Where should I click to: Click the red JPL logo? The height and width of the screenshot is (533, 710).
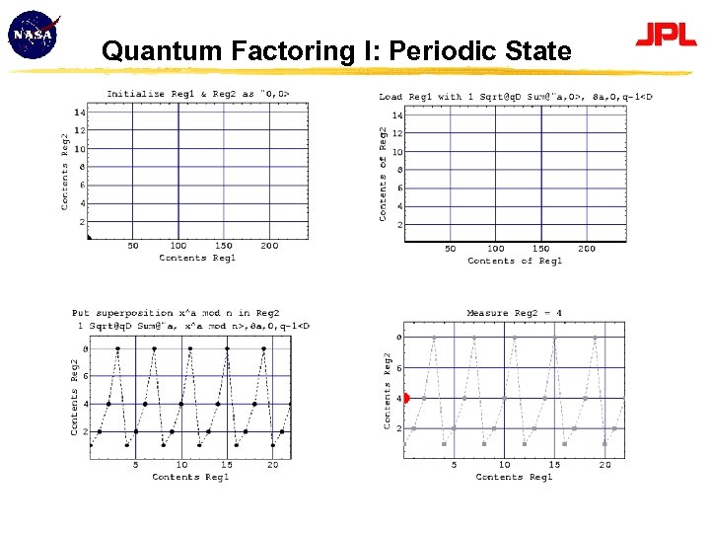pyautogui.click(x=666, y=37)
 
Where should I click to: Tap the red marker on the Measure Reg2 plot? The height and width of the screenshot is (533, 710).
pyautogui.click(x=405, y=398)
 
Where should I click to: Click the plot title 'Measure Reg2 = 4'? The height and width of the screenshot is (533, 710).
pyautogui.click(x=514, y=313)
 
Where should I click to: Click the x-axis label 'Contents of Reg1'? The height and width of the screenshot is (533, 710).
pyautogui.click(x=515, y=261)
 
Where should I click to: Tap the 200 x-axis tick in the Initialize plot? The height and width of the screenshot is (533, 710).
pyautogui.click(x=268, y=246)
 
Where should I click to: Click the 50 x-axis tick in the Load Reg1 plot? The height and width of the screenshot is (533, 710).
pyautogui.click(x=450, y=249)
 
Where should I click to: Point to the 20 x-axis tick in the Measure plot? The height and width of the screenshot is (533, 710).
pyautogui.click(x=604, y=465)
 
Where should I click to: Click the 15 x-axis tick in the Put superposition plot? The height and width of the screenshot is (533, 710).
pyautogui.click(x=227, y=465)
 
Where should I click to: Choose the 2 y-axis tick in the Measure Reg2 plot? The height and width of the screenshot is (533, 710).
pyautogui.click(x=398, y=428)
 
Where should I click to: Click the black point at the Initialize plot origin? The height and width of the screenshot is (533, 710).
pyautogui.click(x=89, y=237)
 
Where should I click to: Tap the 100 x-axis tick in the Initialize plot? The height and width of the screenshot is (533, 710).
pyautogui.click(x=177, y=246)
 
